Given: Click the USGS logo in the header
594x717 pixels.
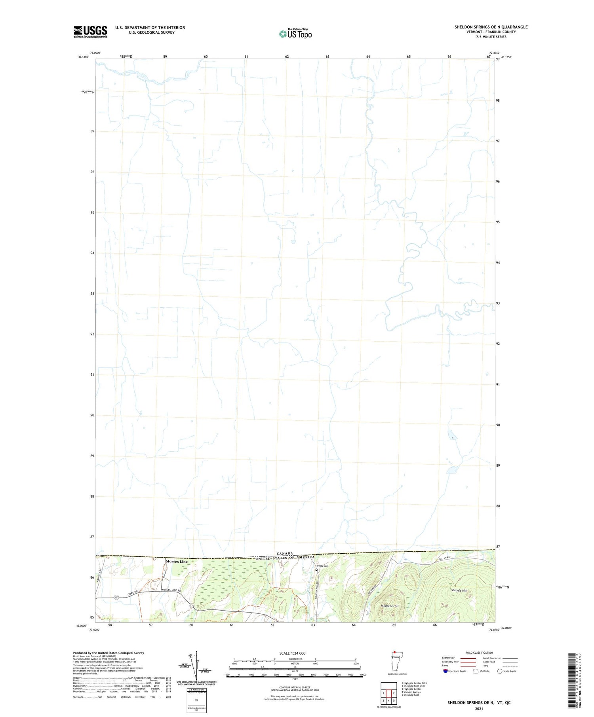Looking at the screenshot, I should click(x=90, y=32).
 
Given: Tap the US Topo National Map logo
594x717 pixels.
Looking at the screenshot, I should click(x=295, y=34).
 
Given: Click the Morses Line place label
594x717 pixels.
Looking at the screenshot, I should click(x=177, y=562).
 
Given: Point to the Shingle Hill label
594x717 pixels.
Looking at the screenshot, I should click(x=459, y=590).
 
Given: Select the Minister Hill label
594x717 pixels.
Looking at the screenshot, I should click(x=390, y=606).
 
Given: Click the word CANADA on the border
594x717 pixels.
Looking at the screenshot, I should click(x=285, y=553).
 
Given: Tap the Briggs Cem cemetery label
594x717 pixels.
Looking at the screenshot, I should click(x=322, y=566).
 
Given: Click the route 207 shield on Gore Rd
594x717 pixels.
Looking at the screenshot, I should click(x=116, y=597).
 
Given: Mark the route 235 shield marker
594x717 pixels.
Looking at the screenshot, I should click(x=192, y=605).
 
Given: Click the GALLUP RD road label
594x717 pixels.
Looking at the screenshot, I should click(x=445, y=558).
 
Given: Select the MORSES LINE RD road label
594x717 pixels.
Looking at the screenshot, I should click(x=171, y=590).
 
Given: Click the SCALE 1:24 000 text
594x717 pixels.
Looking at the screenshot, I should click(x=292, y=653).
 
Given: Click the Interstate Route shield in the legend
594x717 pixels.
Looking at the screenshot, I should click(x=445, y=671).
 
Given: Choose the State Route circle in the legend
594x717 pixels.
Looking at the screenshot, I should click(x=500, y=671).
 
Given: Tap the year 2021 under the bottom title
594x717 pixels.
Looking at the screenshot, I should click(x=478, y=709).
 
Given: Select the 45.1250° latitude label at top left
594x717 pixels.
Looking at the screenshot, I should click(x=84, y=57).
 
